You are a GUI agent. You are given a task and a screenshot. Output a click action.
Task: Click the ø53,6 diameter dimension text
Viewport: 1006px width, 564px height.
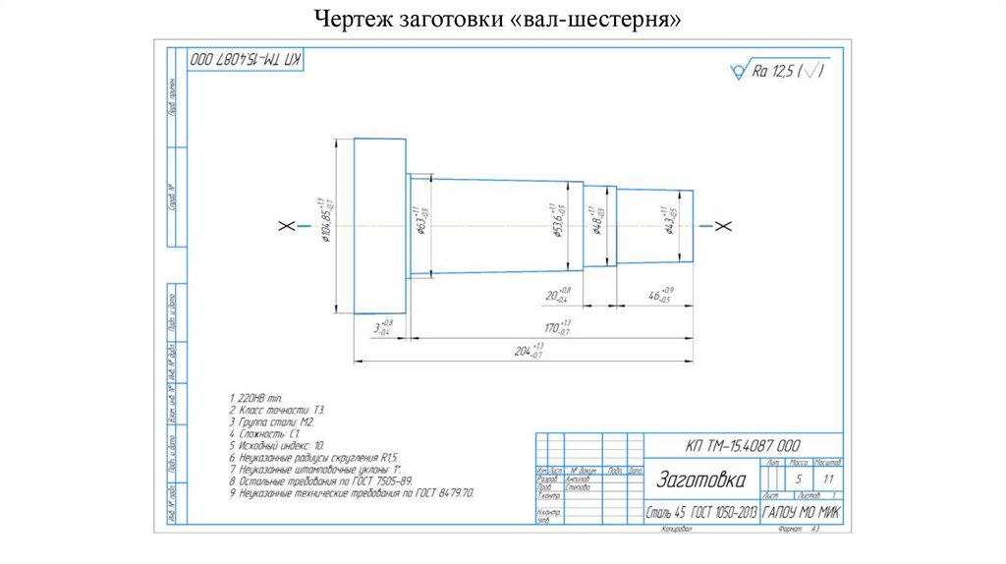[557, 221]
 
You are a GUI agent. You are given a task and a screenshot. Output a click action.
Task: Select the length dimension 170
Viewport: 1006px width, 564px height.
[558, 327]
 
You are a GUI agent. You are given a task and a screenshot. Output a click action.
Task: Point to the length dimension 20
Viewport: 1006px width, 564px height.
[557, 295]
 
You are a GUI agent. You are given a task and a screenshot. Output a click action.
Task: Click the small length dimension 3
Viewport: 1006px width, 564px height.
[381, 327]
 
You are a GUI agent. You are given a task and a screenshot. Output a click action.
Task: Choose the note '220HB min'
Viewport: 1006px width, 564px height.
[247, 398]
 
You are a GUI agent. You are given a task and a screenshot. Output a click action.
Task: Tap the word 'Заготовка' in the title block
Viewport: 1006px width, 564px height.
[699, 480]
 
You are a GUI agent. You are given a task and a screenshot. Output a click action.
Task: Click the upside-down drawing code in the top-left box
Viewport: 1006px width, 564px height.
[247, 60]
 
